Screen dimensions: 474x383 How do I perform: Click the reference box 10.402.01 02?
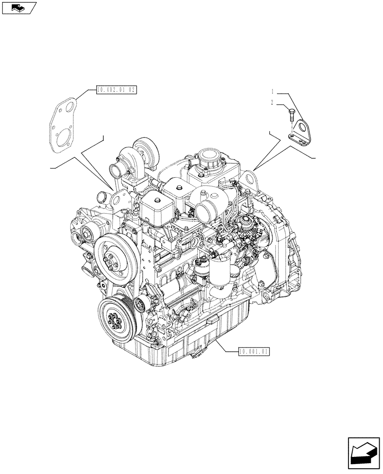(116, 89)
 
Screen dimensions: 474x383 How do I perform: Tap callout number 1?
(273, 91)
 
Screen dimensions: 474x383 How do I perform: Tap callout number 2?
(273, 102)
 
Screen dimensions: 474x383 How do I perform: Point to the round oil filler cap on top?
(209, 158)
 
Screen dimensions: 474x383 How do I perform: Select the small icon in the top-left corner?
(18, 8)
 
